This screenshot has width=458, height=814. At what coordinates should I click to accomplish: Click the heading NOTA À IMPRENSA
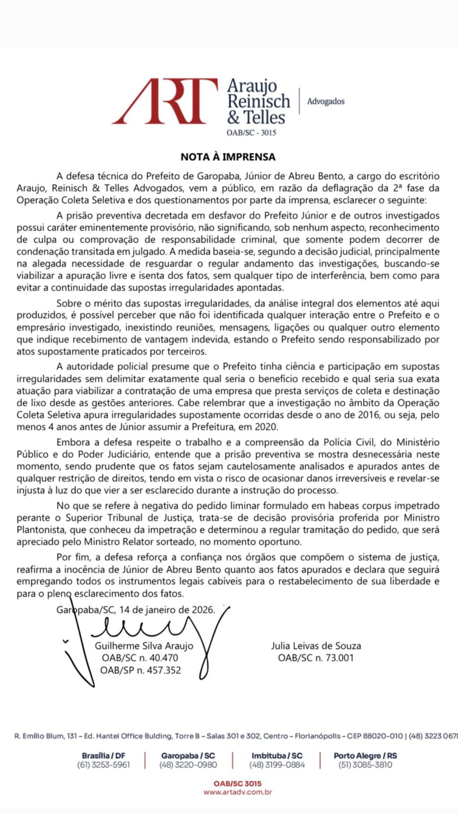(228, 157)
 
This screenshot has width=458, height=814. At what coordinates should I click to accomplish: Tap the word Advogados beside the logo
(326, 102)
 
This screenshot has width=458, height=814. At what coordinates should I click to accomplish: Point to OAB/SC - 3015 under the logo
(251, 133)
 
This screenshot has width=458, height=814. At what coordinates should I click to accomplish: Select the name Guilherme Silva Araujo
(144, 646)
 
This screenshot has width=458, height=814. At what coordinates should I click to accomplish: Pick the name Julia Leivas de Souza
(316, 646)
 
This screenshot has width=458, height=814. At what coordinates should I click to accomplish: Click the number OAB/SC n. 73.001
(316, 658)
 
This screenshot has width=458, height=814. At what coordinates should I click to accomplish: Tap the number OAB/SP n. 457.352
(141, 670)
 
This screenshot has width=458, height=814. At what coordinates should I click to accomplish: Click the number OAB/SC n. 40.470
(140, 658)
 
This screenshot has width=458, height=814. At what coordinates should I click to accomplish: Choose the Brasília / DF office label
(104, 755)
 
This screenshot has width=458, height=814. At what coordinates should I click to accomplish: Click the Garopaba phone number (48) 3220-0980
(188, 765)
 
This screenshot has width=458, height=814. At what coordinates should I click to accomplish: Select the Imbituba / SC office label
(277, 755)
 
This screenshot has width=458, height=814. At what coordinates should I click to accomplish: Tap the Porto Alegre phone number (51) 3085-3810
(365, 765)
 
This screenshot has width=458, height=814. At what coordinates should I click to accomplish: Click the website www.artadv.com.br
(237, 792)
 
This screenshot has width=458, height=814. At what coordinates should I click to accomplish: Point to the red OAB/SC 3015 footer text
(237, 784)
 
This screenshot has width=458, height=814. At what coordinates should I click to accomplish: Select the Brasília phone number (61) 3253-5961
(104, 765)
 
